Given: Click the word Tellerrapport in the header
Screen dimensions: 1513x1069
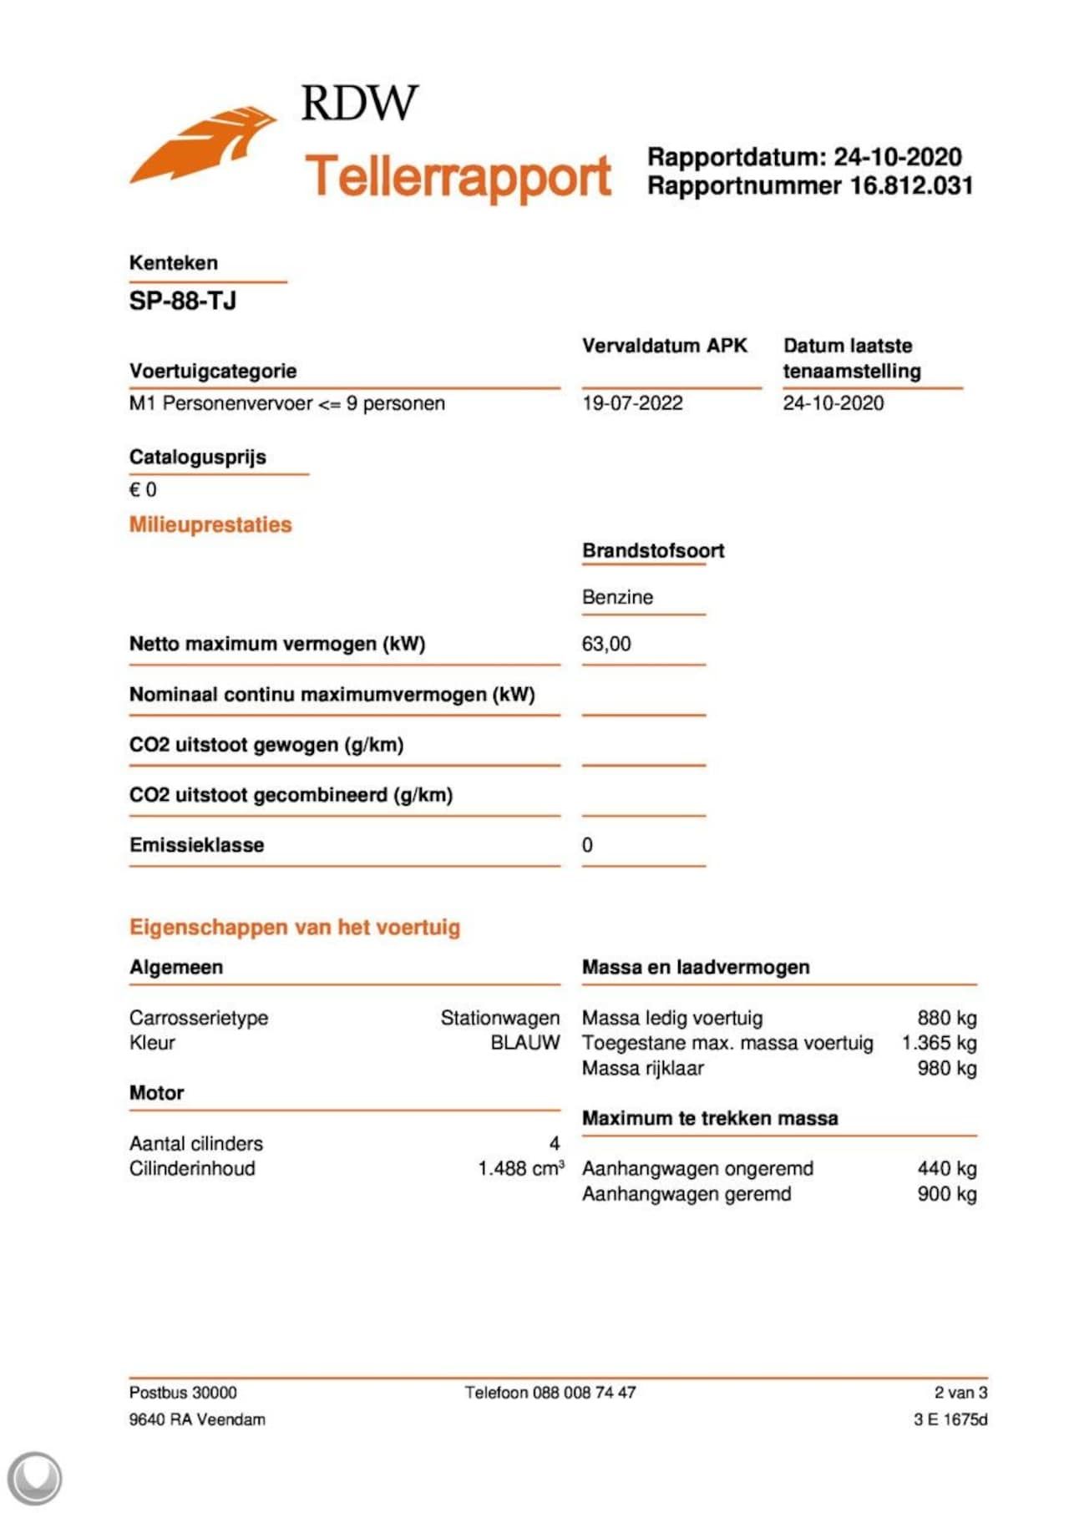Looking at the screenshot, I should [459, 176].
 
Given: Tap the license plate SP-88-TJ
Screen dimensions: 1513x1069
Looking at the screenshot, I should [182, 301].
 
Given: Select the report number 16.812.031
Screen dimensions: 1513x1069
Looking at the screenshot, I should [911, 185].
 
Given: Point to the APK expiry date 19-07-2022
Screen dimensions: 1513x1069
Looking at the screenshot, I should [632, 403].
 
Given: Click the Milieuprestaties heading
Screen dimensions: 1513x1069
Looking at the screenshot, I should [210, 525].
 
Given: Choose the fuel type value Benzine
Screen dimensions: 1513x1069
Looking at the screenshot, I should [617, 597].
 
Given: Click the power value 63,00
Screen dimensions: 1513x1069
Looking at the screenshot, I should [606, 644].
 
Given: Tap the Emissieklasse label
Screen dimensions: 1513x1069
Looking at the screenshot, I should [196, 845].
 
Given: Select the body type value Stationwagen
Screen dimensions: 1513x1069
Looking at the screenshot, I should [499, 1018].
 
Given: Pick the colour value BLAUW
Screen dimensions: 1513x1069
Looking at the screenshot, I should [524, 1043].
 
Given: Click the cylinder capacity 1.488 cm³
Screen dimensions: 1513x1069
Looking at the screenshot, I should [520, 1168].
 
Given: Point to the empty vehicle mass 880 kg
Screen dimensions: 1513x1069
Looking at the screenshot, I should [946, 1018].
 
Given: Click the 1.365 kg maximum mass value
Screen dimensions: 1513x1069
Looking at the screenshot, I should [939, 1043].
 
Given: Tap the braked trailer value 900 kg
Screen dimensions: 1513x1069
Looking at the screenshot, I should [946, 1194].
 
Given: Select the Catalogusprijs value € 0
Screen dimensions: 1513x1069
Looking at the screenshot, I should [143, 490].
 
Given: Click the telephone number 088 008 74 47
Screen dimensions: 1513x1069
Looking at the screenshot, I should [584, 1393].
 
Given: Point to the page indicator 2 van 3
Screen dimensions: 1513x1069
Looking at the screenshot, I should [960, 1393].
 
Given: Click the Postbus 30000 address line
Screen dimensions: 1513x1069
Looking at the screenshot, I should [183, 1393].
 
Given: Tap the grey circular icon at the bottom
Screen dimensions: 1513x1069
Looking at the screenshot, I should [34, 1478].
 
